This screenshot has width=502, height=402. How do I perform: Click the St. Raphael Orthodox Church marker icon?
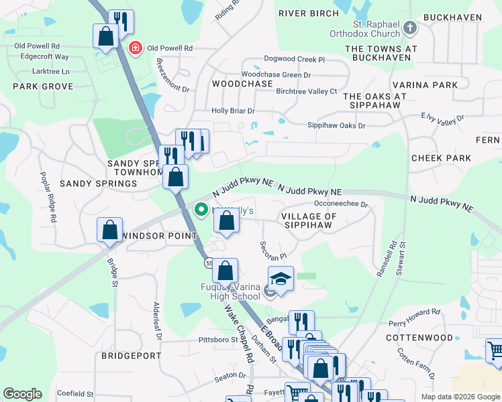(411, 28)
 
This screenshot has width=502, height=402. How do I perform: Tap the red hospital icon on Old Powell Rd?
(135, 48)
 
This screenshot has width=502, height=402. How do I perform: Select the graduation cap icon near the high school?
(281, 279)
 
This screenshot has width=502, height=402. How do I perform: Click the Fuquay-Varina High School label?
(221, 292)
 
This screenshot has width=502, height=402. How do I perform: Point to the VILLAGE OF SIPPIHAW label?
(309, 221)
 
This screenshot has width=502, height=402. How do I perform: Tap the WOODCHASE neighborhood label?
(242, 84)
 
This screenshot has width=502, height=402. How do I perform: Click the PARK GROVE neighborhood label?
(43, 86)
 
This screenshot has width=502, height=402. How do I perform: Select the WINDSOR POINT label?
(159, 236)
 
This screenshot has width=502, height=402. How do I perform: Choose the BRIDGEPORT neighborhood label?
(132, 356)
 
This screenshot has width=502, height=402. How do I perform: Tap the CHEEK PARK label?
(442, 158)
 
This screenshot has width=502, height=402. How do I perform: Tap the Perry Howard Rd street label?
(417, 312)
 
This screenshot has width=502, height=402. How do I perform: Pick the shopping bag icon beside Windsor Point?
(109, 230)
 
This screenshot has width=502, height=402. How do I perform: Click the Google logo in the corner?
(22, 394)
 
